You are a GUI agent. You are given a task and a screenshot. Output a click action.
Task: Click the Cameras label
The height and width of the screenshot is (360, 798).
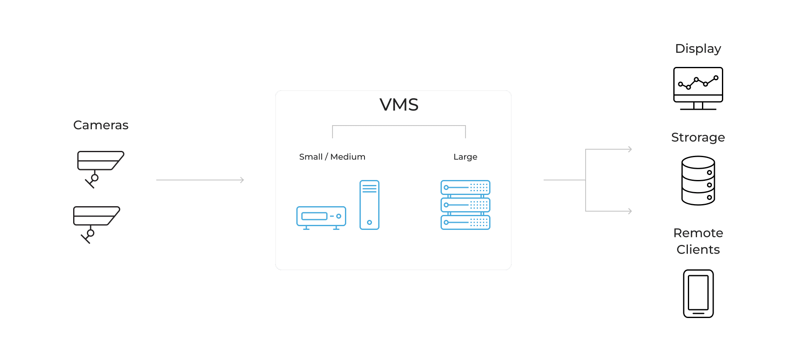pos(101,125)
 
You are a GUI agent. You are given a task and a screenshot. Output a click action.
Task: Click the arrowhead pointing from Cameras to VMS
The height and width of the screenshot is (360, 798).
pos(242,180)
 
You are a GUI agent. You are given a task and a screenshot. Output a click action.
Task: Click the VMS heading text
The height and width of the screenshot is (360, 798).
pos(399,105)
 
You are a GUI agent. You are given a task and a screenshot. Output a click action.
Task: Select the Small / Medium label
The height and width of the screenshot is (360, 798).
pos(332,157)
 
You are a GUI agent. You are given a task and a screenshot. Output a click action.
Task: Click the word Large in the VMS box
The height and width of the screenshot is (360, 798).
pos(465,157)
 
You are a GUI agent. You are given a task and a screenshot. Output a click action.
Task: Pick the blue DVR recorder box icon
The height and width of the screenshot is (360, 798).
pos(321,217)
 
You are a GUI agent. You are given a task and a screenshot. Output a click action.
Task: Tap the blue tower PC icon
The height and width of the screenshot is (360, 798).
pos(369,205)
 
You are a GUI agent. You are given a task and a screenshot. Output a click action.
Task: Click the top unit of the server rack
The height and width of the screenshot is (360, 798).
pos(465,187)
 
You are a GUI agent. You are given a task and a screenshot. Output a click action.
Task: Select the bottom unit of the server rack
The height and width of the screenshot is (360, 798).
pos(465,222)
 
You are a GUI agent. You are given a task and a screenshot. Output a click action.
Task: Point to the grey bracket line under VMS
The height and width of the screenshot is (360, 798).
pos(399,126)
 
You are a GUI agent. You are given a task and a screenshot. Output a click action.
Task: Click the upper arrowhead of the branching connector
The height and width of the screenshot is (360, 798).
pos(630,149)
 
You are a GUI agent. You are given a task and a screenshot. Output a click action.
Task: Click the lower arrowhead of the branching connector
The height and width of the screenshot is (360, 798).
pos(630,211)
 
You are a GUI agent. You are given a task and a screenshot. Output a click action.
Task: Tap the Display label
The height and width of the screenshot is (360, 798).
pos(698,49)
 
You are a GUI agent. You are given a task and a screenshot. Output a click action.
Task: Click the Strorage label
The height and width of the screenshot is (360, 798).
pos(698,138)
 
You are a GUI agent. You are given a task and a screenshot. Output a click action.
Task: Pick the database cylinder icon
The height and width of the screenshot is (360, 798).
pos(698,180)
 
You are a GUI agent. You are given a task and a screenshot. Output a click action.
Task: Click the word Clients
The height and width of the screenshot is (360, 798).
pos(698,249)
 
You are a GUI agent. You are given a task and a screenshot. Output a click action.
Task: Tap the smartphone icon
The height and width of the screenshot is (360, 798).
pos(698,293)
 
